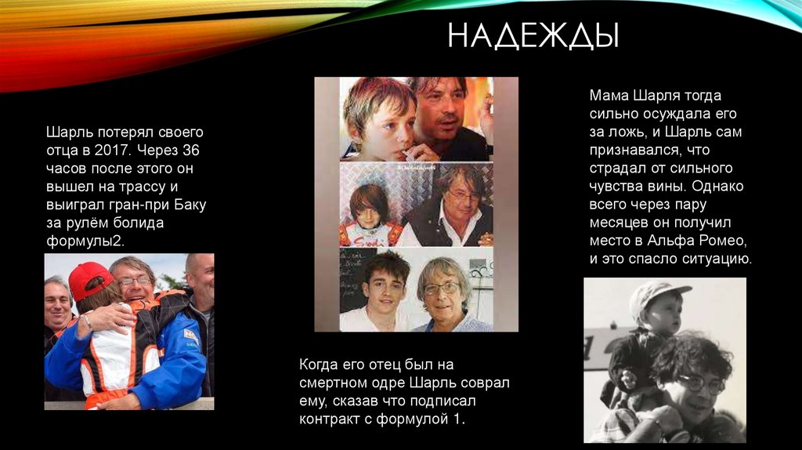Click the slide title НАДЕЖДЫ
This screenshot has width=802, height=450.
[x=533, y=35]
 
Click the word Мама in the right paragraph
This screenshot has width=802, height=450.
[x=609, y=95]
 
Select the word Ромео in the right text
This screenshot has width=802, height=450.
[x=720, y=240]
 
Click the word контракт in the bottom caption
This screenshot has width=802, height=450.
[x=332, y=419]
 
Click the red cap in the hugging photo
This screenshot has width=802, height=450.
[x=89, y=277]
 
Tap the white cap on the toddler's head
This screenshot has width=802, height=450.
[x=659, y=293]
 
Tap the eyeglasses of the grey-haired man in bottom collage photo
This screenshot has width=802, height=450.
[x=441, y=289]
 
